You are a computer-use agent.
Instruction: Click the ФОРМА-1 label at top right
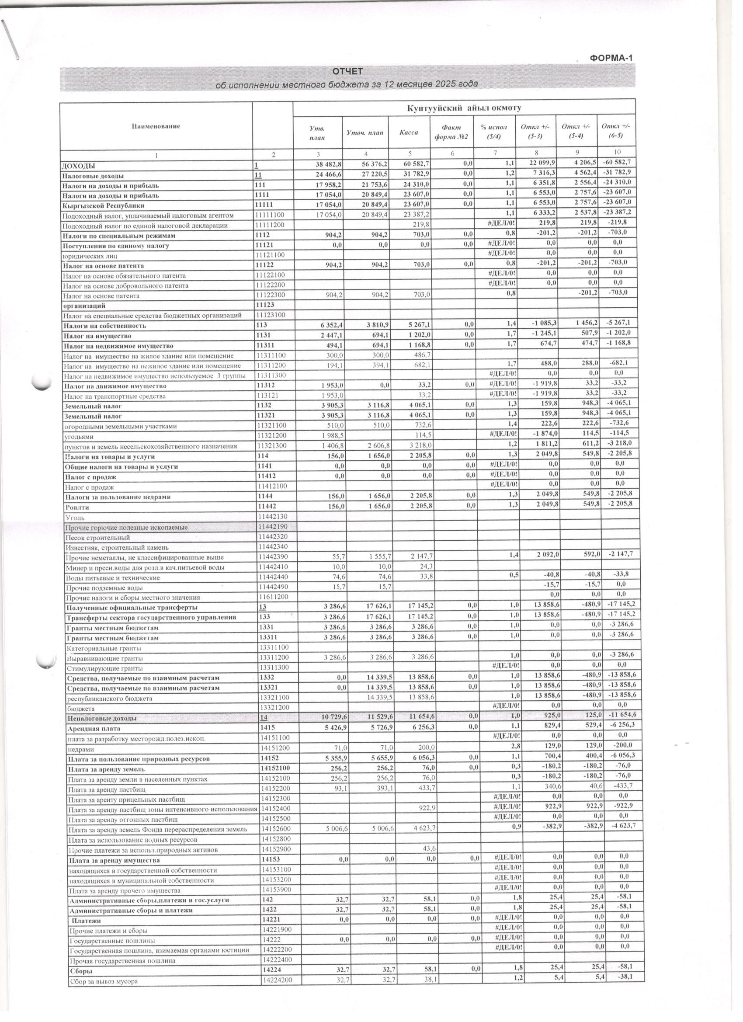tap(611, 58)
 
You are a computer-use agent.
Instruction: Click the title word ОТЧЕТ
tap(347, 72)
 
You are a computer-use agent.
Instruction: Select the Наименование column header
tap(156, 126)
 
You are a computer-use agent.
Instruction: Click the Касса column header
tap(408, 132)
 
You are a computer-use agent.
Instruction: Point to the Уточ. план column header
tap(365, 132)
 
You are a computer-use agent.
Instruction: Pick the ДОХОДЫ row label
tap(78, 166)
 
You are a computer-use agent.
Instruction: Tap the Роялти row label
tap(75, 508)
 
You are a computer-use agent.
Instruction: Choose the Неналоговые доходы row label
tap(102, 718)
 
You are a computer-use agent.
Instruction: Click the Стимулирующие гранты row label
tap(104, 668)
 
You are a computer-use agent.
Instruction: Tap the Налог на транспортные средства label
tap(115, 396)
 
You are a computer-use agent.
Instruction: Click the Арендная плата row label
tap(94, 729)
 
